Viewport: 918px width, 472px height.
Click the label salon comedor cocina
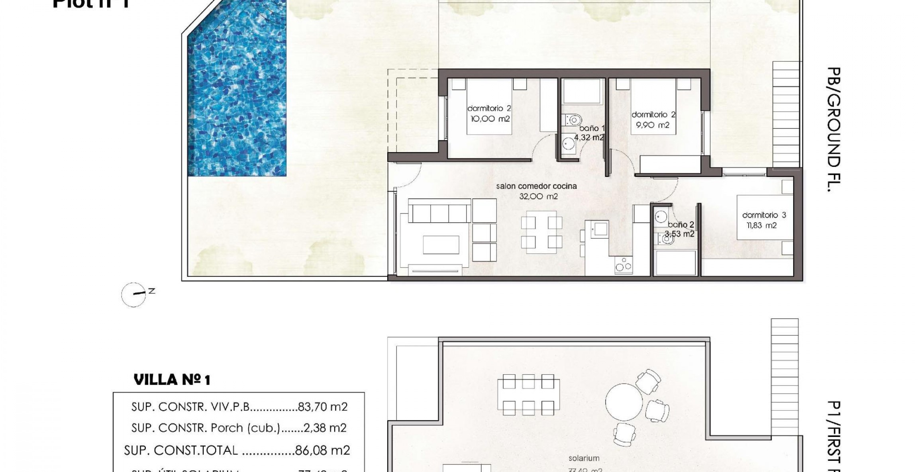pyautogui.click(x=536, y=186)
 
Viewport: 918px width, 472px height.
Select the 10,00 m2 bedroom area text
pyautogui.click(x=490, y=119)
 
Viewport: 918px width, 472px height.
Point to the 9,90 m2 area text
pyautogui.click(x=653, y=125)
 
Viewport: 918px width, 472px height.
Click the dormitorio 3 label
pyautogui.click(x=764, y=215)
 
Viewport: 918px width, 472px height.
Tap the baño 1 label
pyautogui.click(x=592, y=128)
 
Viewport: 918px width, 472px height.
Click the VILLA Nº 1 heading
pyautogui.click(x=172, y=380)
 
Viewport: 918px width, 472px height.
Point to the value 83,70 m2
pyautogui.click(x=323, y=407)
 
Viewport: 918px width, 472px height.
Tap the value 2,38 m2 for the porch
pyautogui.click(x=325, y=428)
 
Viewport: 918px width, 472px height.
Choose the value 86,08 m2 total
pyautogui.click(x=322, y=450)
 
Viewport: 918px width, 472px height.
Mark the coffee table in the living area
pyautogui.click(x=441, y=244)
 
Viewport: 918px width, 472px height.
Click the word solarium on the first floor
pyautogui.click(x=584, y=458)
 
